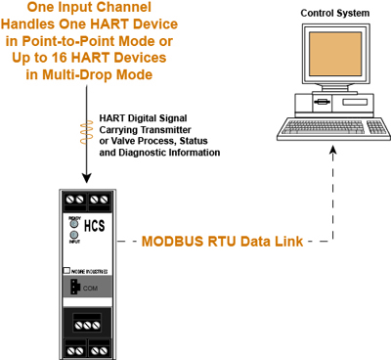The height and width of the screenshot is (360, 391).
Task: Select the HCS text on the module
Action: click(95, 225)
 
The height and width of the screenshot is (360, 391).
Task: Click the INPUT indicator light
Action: click(72, 236)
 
